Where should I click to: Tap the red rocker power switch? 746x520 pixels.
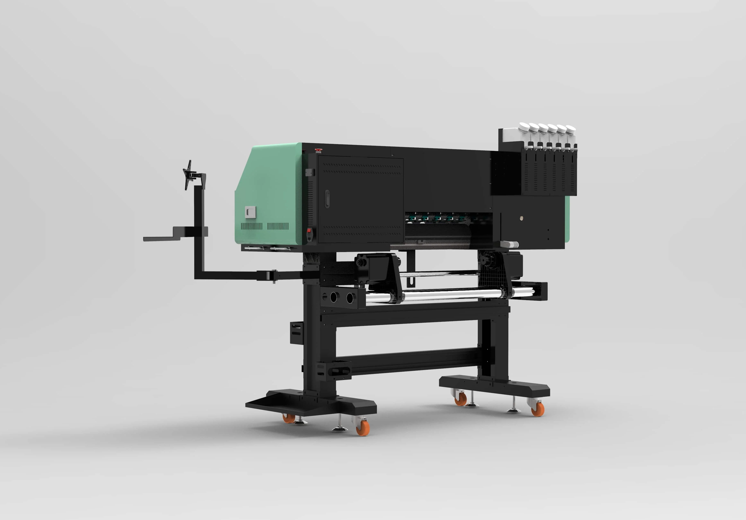coord(309,231)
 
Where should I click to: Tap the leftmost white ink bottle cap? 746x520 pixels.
coord(524,126)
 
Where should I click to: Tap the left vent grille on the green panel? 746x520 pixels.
coord(251,226)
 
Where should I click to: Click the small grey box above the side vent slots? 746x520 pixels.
coord(310,172)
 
